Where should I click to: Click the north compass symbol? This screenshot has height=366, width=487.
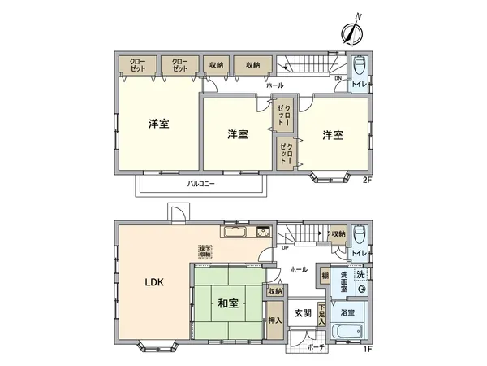point(351,33)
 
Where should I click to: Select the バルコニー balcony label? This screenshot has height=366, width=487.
point(200,185)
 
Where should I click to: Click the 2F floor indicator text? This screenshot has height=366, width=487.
point(366,181)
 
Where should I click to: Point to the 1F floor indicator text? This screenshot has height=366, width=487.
point(366,351)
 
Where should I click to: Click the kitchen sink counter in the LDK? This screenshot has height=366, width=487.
point(239,232)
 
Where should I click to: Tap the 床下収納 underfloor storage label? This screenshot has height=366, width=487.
point(204,252)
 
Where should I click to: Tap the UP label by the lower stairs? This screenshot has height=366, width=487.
point(285,248)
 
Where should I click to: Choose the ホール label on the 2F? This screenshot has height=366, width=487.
point(274,84)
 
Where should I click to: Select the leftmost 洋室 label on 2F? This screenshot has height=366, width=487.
point(158,124)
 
